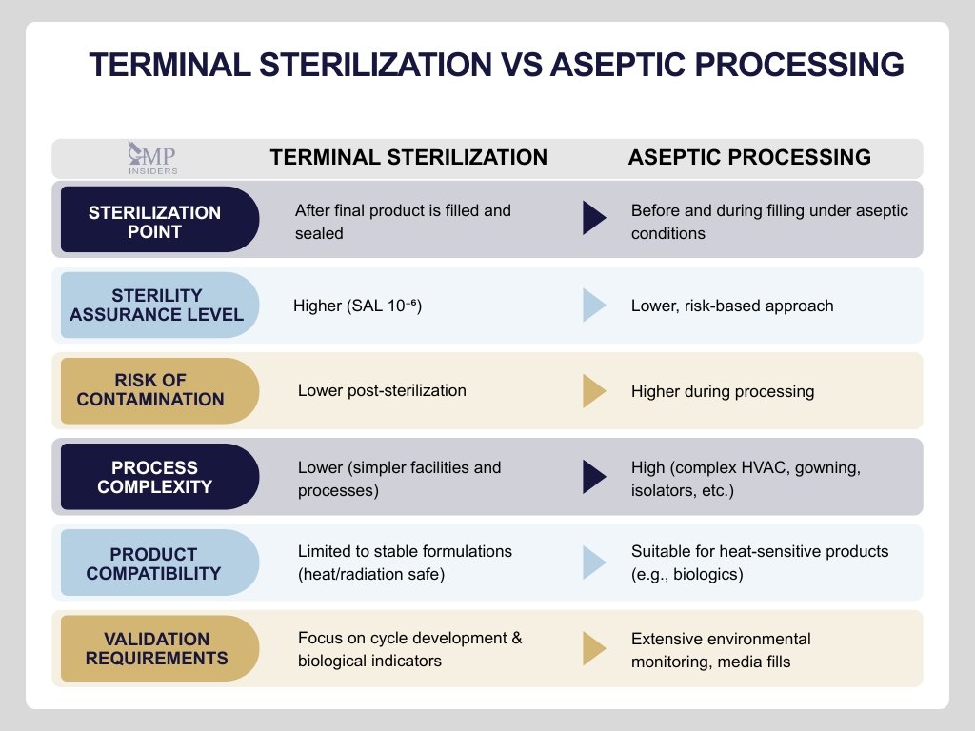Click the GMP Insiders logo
point(152,158)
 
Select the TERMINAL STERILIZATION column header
point(408,158)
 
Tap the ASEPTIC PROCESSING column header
point(749,158)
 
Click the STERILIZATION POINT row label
point(155,221)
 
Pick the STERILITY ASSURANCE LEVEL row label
point(157,305)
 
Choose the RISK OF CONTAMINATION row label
point(150,390)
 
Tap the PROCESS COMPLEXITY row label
point(154,477)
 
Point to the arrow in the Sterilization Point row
point(594,220)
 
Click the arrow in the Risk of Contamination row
point(594,390)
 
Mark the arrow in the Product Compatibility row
point(594,563)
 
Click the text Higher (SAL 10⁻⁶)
point(357,306)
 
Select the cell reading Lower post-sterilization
point(382,390)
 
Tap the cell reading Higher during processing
point(723,391)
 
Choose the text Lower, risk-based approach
point(732,306)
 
